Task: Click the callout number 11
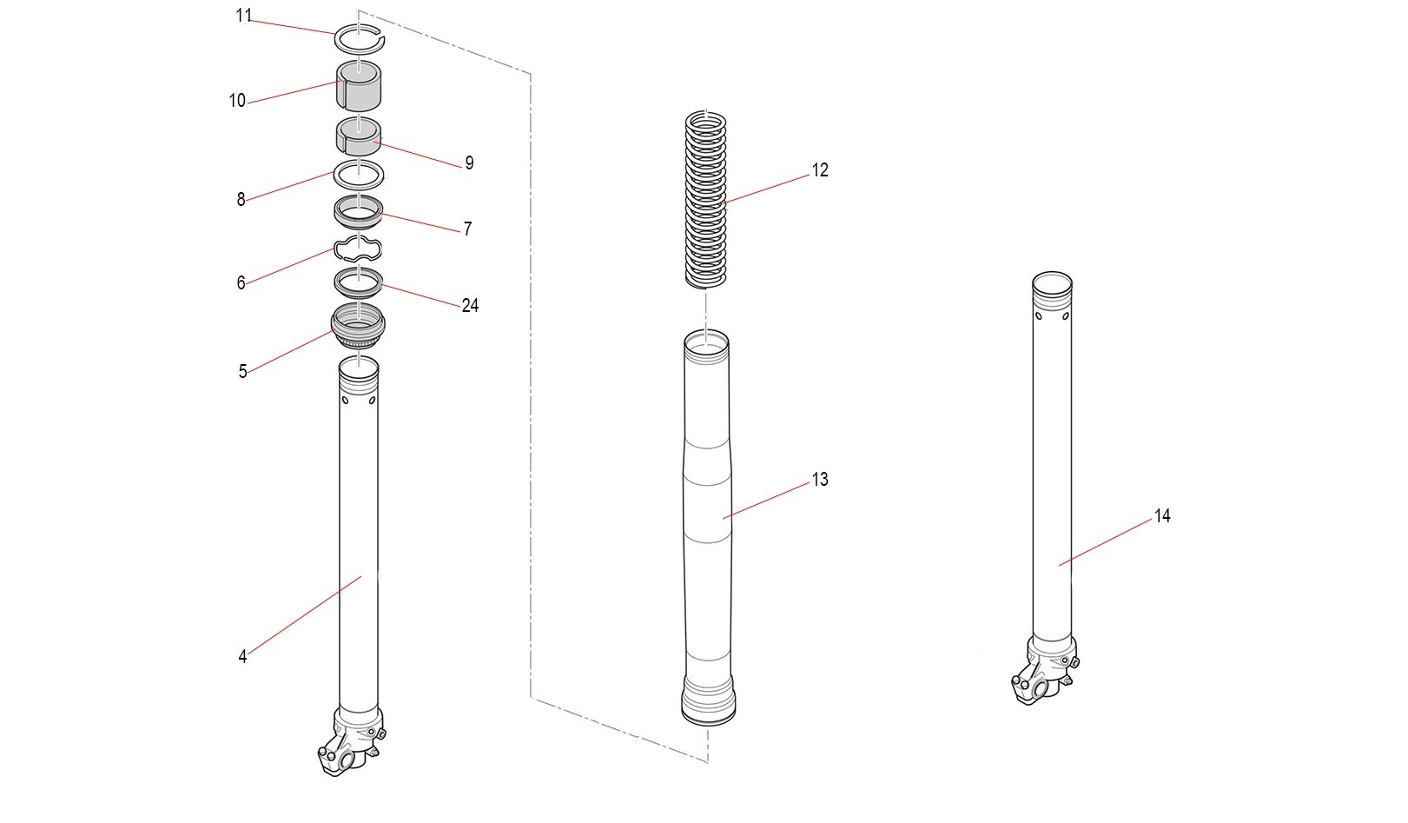tap(243, 16)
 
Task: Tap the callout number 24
tap(470, 306)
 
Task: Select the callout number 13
tap(820, 480)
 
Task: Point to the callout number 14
tap(1162, 516)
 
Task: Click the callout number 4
tap(242, 657)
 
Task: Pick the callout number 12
tap(820, 170)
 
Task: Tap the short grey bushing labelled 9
tap(358, 136)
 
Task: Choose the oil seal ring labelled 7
tap(358, 209)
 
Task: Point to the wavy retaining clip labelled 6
tap(358, 250)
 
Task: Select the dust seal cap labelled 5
tap(358, 328)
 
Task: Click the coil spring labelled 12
tap(706, 200)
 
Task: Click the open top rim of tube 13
tap(706, 340)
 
